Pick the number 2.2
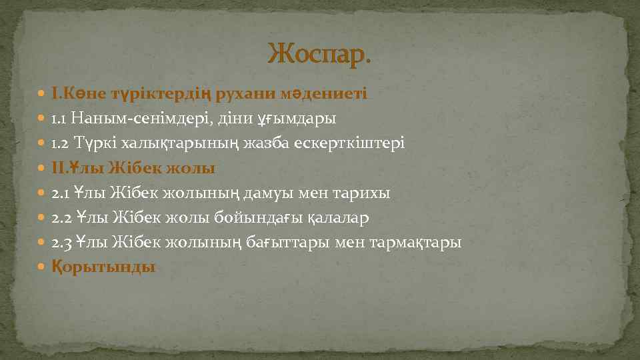coord(62,217)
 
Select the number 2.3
coord(62,242)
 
